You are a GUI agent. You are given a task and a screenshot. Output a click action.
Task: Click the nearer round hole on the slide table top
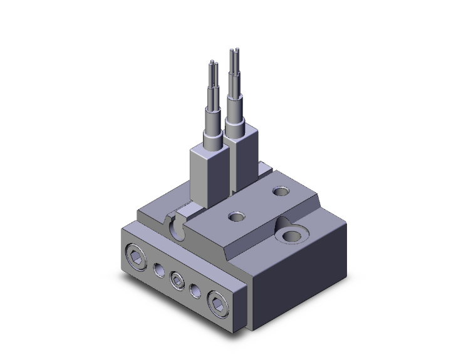236,217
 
